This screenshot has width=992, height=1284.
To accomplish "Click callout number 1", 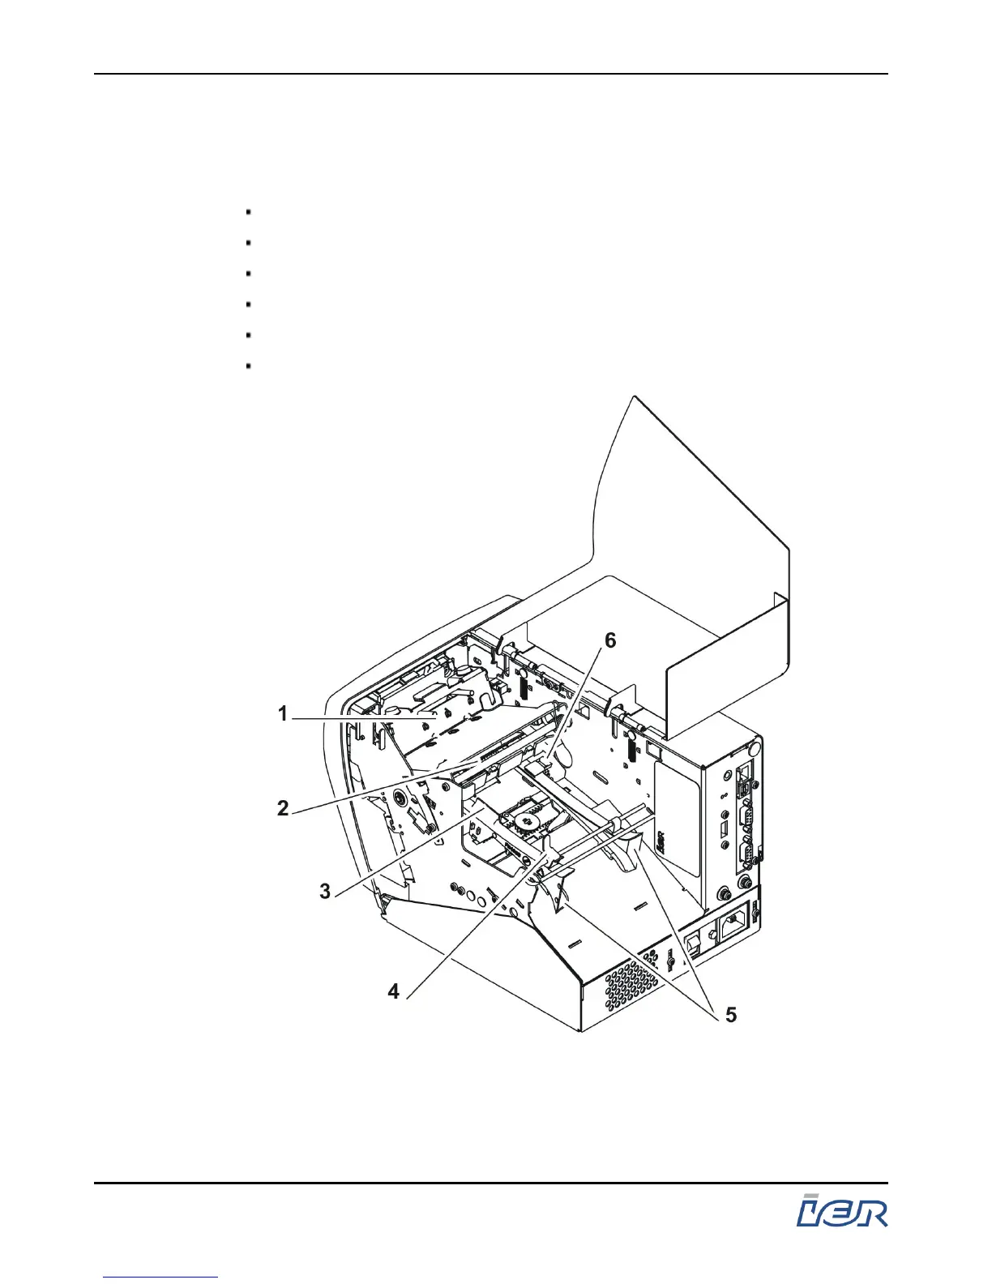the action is point(283,714).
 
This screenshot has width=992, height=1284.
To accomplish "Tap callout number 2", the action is point(283,808).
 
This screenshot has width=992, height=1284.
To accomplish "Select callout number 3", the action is point(325,892).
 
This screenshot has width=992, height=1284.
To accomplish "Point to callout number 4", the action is point(393,991).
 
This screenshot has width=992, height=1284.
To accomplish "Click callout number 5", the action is point(730,1015).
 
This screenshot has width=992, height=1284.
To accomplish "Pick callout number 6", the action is point(609,640).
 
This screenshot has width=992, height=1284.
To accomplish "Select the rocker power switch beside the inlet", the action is point(695,944).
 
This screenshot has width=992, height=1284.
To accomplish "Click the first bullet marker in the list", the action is point(247,212).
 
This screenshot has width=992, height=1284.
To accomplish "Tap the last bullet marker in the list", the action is point(247,366).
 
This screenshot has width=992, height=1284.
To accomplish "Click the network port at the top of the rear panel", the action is point(742,780).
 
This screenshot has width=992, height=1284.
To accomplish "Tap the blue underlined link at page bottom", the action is point(161,1278).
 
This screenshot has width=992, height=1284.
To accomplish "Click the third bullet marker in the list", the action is point(247,274).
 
